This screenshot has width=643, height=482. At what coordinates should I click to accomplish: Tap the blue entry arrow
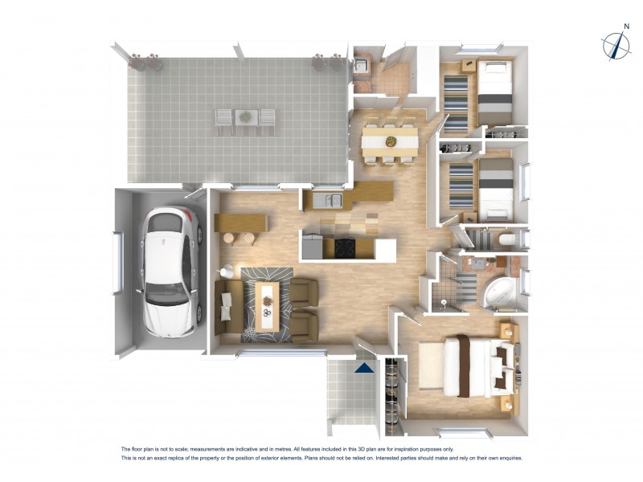364,368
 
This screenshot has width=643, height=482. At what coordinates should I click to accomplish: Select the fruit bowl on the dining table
391,141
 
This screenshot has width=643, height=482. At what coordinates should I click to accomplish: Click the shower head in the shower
444,303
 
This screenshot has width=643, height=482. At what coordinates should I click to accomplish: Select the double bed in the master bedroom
474,366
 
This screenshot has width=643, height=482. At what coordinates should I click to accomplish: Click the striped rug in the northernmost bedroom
456,103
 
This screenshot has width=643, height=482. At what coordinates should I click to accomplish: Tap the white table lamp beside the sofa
227,272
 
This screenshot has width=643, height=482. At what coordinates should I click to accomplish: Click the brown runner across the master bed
464,366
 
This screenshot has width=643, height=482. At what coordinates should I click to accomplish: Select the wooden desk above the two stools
240,222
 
